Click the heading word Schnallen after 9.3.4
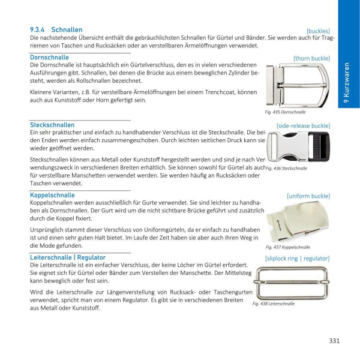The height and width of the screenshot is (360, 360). click(x=67, y=29)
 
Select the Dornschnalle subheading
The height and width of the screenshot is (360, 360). click(x=49, y=58)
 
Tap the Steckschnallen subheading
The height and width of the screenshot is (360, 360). click(x=52, y=125)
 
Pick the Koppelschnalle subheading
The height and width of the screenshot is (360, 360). click(x=52, y=195)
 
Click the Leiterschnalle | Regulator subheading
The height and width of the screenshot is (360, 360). click(x=68, y=257)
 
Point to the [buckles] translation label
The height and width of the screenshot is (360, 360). click(x=318, y=30)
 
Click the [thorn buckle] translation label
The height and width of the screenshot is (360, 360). click(x=311, y=58)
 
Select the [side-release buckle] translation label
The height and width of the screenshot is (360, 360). click(x=303, y=125)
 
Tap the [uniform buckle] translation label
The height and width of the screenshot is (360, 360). click(x=308, y=196)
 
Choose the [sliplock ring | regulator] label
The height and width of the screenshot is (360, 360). click(x=298, y=258)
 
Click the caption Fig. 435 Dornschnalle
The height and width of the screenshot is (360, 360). click(x=285, y=112)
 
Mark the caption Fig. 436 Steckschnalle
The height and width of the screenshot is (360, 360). click(x=286, y=169)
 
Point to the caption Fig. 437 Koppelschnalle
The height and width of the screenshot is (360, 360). click(x=288, y=247)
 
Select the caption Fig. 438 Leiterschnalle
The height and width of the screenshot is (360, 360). click(x=274, y=304)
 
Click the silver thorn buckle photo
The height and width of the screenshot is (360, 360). click(x=298, y=84)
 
